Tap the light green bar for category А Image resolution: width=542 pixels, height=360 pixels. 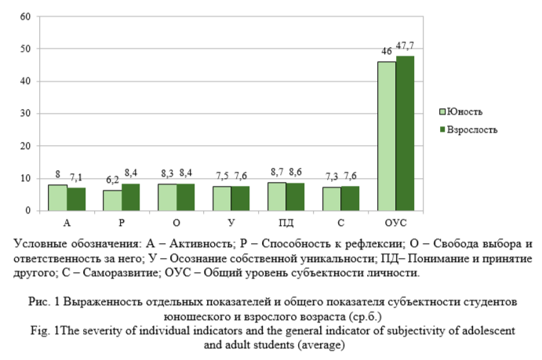(x=57, y=198)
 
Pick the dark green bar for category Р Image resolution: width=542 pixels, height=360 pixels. (x=131, y=197)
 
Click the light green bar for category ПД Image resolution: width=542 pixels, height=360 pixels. (x=276, y=196)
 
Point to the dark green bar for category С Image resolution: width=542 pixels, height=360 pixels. (x=350, y=198)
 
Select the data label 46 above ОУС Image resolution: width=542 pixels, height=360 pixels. (x=386, y=52)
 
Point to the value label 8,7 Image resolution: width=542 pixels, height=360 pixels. (x=276, y=172)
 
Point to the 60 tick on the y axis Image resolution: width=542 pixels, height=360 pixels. (x=25, y=16)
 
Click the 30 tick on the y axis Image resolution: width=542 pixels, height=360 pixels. (x=25, y=114)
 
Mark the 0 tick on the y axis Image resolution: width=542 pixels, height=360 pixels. (x=28, y=211)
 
